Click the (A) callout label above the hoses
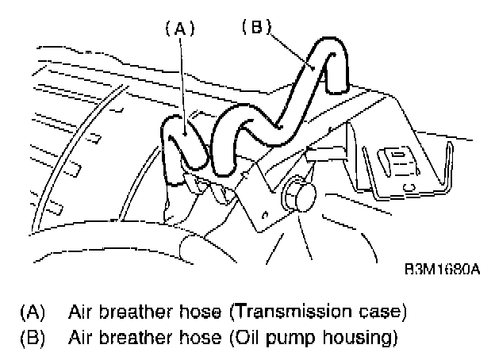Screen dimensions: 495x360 pos(179,29)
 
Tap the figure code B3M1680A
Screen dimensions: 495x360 pos(443,270)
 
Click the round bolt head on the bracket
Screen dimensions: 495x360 pos(300,195)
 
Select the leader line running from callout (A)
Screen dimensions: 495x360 pos(183,79)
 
